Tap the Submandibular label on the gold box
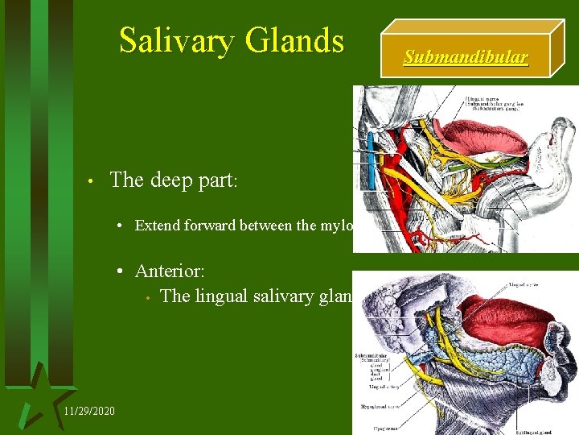pos(466,57)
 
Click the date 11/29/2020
pos(88,412)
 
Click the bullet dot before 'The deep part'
pos(93,181)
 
